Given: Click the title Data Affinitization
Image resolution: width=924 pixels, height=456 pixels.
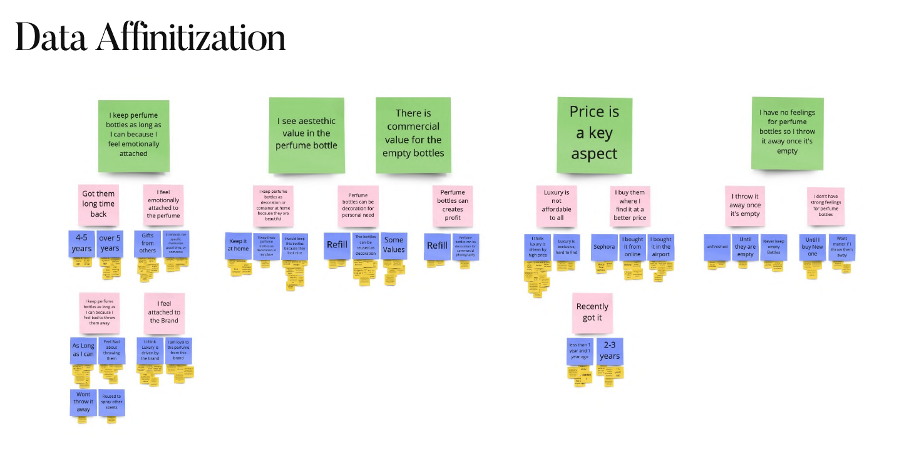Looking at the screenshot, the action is click(x=150, y=38).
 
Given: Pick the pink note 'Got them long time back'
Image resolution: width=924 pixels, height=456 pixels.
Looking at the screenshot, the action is click(x=99, y=204).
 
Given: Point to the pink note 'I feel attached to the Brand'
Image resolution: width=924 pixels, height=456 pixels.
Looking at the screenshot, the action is click(x=163, y=312).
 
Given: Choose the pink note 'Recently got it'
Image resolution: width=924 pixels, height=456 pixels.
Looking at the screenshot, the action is click(x=592, y=312).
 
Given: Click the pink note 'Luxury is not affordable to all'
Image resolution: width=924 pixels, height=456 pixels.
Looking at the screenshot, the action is click(x=557, y=205).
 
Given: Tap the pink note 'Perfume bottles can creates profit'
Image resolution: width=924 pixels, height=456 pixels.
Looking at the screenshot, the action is click(x=453, y=205).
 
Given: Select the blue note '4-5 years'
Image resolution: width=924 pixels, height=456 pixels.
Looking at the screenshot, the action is click(x=81, y=244).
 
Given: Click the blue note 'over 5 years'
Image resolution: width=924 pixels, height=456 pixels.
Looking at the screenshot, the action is click(x=110, y=244).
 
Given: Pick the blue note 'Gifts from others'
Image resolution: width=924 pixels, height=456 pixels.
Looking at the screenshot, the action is click(x=148, y=243).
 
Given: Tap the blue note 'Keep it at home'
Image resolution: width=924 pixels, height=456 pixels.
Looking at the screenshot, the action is click(x=238, y=245).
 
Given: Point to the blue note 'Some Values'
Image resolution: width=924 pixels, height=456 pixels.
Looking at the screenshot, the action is click(x=394, y=245).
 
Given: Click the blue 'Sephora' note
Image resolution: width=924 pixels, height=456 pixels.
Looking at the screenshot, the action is click(x=604, y=247).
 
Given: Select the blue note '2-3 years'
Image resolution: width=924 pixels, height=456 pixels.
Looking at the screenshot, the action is click(x=610, y=351).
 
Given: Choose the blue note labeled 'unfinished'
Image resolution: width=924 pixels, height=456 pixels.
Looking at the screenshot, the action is click(x=717, y=247).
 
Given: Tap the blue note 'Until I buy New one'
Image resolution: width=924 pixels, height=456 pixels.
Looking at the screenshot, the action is click(x=812, y=247).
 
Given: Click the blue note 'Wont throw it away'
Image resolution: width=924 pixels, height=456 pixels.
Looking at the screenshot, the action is click(x=83, y=402).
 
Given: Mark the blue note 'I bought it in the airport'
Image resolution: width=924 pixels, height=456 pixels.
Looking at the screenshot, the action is click(x=660, y=247).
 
